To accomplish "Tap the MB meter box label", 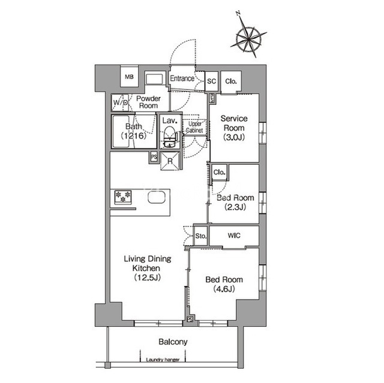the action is point(130,77).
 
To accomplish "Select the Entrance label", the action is point(182,79).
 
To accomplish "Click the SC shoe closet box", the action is point(211,81).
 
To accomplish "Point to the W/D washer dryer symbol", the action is point(120,102).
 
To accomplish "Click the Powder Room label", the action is point(148,102).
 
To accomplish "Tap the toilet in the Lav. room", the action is point(169,137).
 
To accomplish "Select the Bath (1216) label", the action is point(133,131).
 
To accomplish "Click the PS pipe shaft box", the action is point(154,157).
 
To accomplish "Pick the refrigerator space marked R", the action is point(170,161).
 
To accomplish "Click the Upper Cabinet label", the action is point(194,127).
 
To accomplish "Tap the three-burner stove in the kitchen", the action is point(123,197).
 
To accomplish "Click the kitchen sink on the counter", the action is point(157,197).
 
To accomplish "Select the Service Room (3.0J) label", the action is point(234,128).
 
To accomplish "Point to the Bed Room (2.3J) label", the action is point(235,202).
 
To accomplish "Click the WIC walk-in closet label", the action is point(234,236).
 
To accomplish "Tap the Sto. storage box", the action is point(201,236).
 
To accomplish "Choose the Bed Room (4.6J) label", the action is point(224,284).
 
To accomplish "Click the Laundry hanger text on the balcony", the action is point(163,360).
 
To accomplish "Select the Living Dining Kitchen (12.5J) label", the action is point(148,268).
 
